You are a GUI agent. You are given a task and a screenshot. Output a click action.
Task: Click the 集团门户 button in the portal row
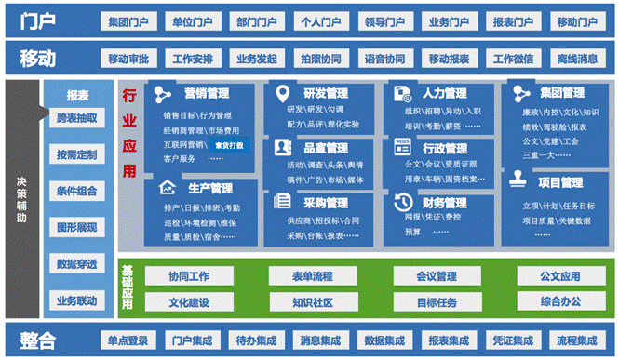click(x=128, y=21)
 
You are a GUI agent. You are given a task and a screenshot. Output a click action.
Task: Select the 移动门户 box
click(x=577, y=21)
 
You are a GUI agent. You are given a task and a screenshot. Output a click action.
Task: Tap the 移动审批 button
click(x=128, y=60)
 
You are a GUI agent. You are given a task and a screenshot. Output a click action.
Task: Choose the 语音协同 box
click(x=384, y=60)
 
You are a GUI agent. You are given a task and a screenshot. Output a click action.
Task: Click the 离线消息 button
click(x=577, y=60)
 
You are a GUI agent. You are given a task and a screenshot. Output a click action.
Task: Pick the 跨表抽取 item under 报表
click(x=76, y=118)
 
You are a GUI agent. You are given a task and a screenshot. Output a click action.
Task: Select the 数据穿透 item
click(x=76, y=263)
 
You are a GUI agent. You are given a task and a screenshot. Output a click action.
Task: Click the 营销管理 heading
click(x=207, y=93)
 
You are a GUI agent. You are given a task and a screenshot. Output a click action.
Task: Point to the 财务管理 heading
click(x=444, y=202)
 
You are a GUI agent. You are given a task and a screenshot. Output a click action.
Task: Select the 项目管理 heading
click(x=560, y=182)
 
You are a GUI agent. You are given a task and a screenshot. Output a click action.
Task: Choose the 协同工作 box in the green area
click(x=188, y=276)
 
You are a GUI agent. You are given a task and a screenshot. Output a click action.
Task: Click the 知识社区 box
click(x=312, y=301)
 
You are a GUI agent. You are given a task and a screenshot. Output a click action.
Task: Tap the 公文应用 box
click(x=559, y=276)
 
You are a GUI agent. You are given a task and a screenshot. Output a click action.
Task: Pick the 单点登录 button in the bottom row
click(x=128, y=340)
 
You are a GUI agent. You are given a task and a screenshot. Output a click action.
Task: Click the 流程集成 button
click(x=577, y=340)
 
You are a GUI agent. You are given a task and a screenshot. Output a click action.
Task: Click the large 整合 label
click(x=38, y=340)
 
